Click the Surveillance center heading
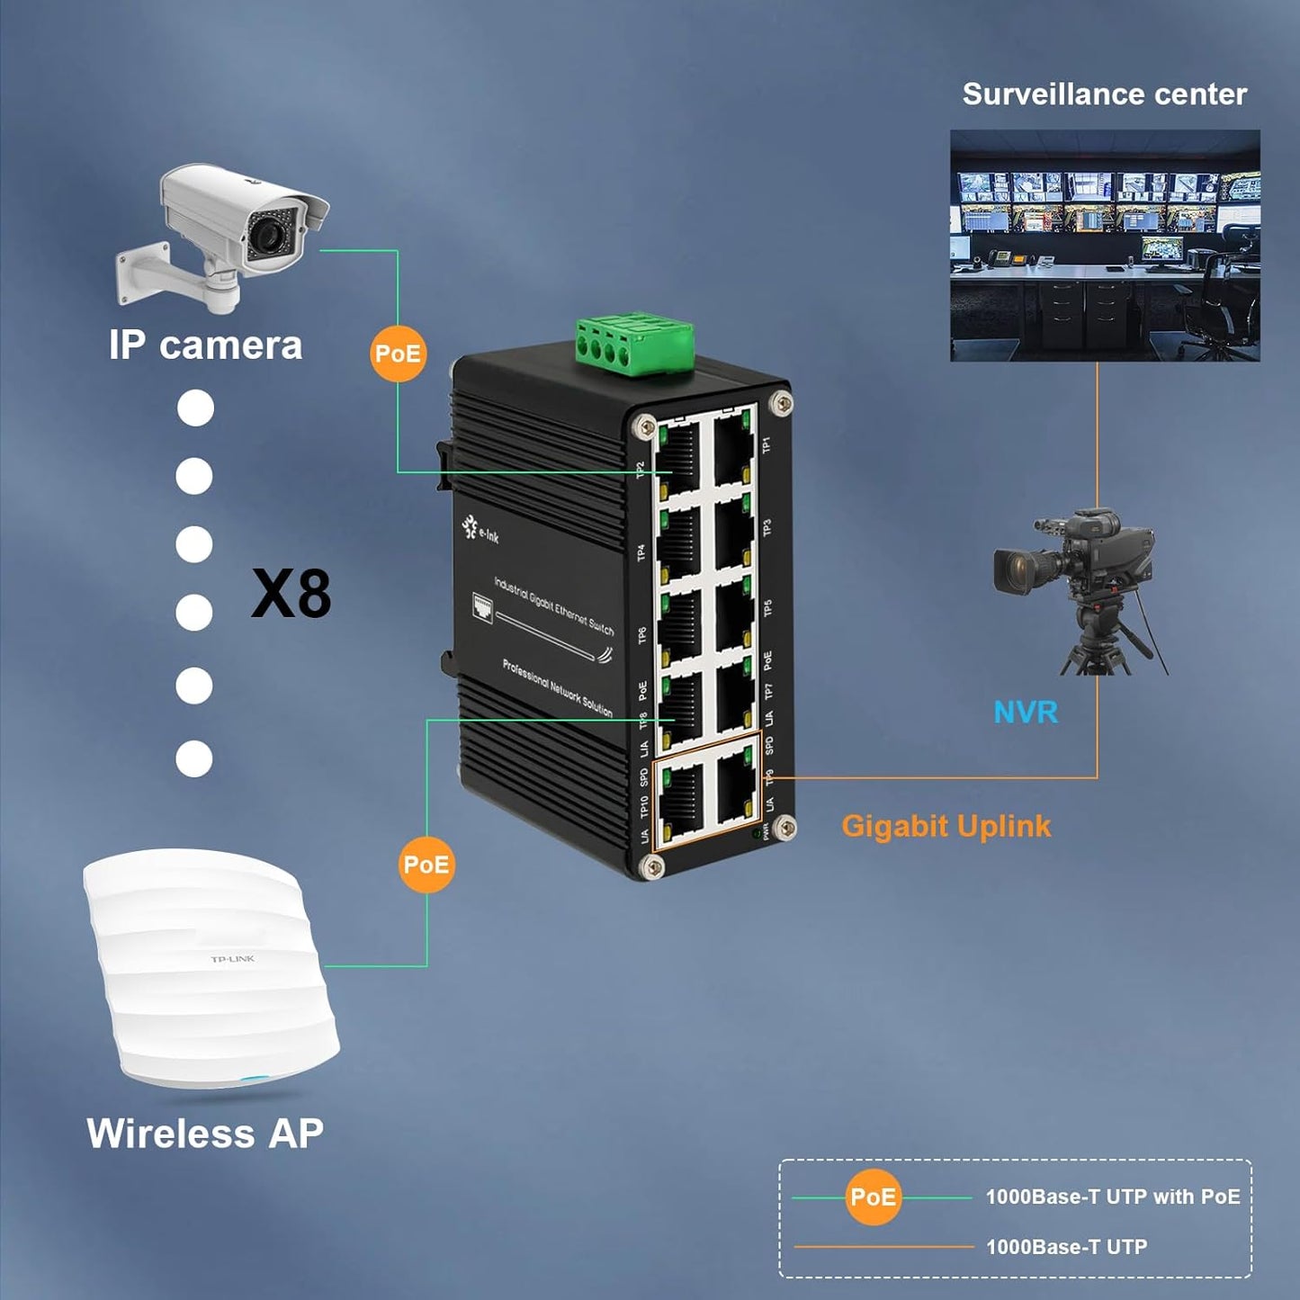tap(1104, 94)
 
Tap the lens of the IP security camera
tap(267, 236)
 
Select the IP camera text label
tap(205, 345)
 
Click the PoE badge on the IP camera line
tap(398, 354)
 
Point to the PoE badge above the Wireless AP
tap(426, 865)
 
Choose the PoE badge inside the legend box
tap(873, 1197)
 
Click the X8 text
tap(291, 595)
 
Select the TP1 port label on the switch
tap(767, 444)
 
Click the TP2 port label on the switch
tap(641, 470)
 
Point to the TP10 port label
tap(644, 806)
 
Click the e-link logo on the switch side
tap(480, 530)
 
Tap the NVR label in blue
tap(1025, 713)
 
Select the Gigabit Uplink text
tap(946, 826)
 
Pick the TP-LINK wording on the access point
tap(232, 959)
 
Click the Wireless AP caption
tap(205, 1134)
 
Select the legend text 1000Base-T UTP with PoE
tap(1112, 1197)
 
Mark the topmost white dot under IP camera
tap(195, 408)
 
